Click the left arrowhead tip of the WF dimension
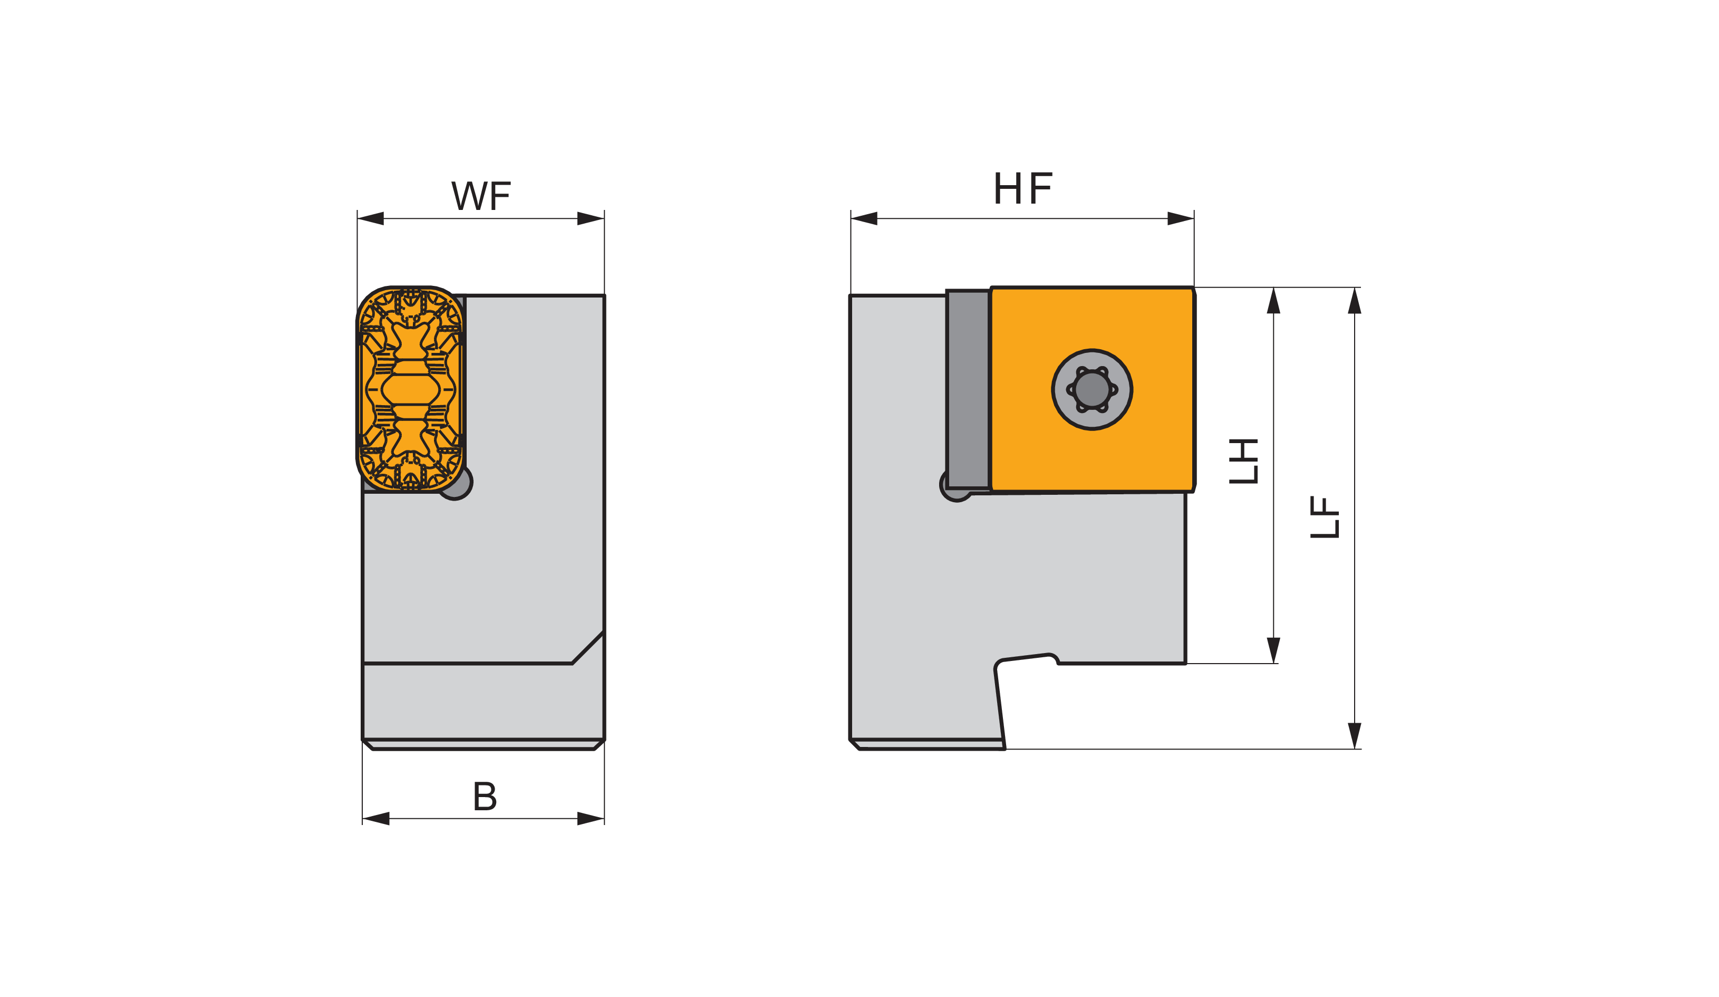click(358, 218)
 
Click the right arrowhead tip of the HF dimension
click(1194, 218)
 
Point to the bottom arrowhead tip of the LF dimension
click(1355, 749)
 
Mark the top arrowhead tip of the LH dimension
click(1273, 287)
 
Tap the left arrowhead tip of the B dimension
click(363, 819)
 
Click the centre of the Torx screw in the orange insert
click(1092, 390)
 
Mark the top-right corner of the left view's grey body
click(604, 295)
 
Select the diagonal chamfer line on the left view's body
click(588, 648)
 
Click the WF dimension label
click(481, 195)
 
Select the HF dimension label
click(1023, 188)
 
